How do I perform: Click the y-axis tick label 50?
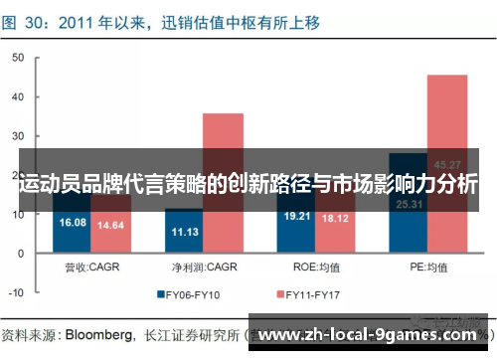coord(17,58)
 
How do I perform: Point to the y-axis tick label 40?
coord(17,96)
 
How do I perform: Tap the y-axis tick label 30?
coord(17,136)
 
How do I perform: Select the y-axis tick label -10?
coord(15,293)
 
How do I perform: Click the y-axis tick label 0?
coord(20,254)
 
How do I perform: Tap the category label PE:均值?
coord(424,268)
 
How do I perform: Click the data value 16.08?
coord(73,222)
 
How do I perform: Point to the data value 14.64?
coord(110,226)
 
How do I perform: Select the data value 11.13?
coord(185,232)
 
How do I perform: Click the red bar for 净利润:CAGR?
coord(223,149)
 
